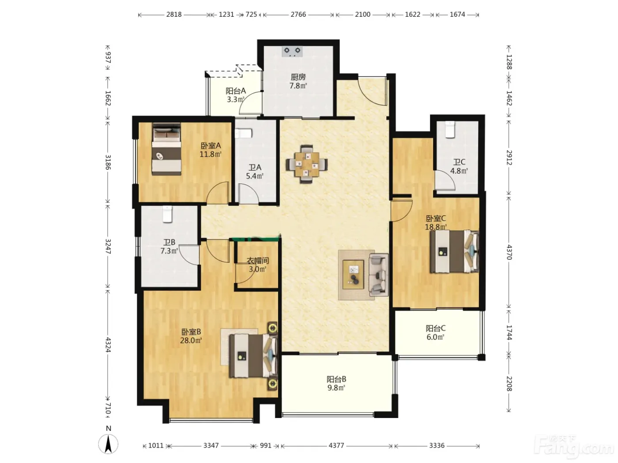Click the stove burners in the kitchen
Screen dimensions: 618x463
click(292, 52)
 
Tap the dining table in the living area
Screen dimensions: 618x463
click(307, 164)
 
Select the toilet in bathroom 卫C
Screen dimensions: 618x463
click(450, 130)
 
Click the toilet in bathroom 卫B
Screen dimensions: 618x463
click(167, 214)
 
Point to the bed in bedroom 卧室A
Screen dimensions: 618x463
click(166, 149)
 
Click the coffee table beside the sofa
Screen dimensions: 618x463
click(353, 274)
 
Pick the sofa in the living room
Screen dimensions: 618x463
click(378, 275)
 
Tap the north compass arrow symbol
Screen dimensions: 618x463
click(108, 444)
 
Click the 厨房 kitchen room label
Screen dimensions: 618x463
click(298, 77)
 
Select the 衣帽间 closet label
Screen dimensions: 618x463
click(258, 261)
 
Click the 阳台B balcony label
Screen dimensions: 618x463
click(336, 379)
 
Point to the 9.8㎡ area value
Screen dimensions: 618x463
click(336, 388)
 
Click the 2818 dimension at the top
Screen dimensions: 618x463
click(174, 15)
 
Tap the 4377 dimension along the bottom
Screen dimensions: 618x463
click(336, 445)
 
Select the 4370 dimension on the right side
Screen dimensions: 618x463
click(509, 252)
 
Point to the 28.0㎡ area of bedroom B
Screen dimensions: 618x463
click(191, 340)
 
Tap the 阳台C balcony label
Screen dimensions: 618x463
click(435, 328)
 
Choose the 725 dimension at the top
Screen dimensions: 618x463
click(251, 15)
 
